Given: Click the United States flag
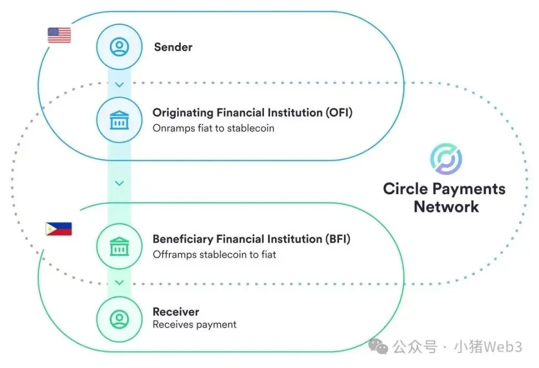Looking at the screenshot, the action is point(59,36).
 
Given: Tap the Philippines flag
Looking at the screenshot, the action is point(59,229).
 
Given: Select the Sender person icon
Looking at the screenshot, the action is point(119,47).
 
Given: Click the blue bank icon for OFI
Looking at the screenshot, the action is point(119,120).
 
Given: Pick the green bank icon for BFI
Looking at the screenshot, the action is point(119,246).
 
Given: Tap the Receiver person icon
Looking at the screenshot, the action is point(119,319).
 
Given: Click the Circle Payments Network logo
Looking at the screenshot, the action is point(446,159).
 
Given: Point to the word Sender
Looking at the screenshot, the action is point(173,47).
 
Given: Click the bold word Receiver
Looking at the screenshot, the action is point(176,311).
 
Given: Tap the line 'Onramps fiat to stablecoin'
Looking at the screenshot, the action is point(213,128).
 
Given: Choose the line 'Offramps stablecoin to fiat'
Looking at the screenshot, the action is point(215,255).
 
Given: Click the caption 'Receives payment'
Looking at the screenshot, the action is point(195,325).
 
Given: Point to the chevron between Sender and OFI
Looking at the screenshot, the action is point(119,84).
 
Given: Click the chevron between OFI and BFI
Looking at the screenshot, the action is point(119,183).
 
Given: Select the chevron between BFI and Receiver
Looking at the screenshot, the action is point(119,283).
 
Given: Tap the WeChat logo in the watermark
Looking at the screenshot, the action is point(378,346).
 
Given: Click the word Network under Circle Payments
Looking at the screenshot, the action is point(446,206).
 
